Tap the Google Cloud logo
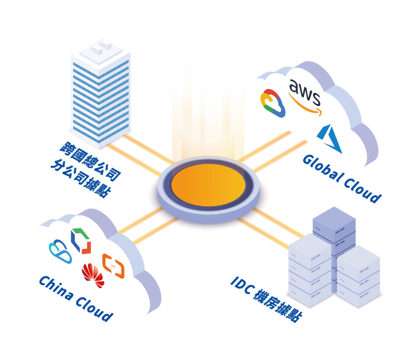click(x=273, y=103)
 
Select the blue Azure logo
click(x=330, y=139)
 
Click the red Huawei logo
click(x=93, y=274)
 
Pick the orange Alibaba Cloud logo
click(x=113, y=266)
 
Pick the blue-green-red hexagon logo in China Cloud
click(x=81, y=240)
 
